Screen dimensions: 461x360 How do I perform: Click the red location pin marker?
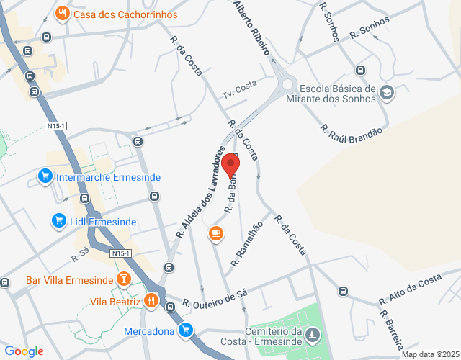230,165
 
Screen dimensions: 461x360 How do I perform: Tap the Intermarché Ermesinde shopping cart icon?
45,176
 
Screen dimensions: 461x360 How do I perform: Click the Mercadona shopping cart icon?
187,330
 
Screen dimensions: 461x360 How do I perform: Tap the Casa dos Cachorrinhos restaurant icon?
63,14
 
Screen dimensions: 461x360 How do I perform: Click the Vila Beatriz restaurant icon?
151,300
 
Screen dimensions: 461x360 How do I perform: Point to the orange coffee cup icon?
215,233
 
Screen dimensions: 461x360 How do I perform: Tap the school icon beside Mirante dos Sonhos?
387,93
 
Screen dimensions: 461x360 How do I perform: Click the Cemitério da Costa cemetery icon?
311,335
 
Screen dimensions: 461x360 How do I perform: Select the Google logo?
24,351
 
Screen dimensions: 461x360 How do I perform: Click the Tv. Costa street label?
240,89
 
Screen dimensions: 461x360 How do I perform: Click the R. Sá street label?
79,253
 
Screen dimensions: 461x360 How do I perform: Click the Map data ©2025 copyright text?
429,354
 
